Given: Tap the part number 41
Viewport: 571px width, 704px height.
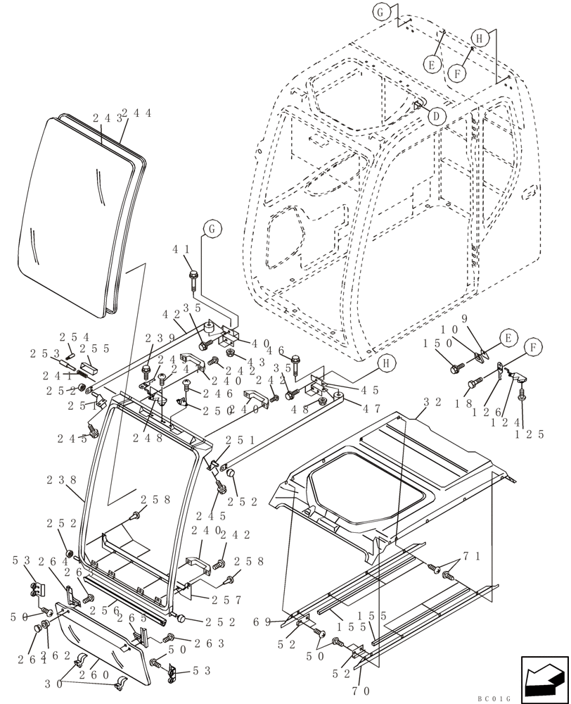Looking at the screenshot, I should coord(181,249).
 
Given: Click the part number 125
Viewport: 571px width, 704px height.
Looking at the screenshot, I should coord(530,434).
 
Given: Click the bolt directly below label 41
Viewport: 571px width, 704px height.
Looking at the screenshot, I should coord(193,278).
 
